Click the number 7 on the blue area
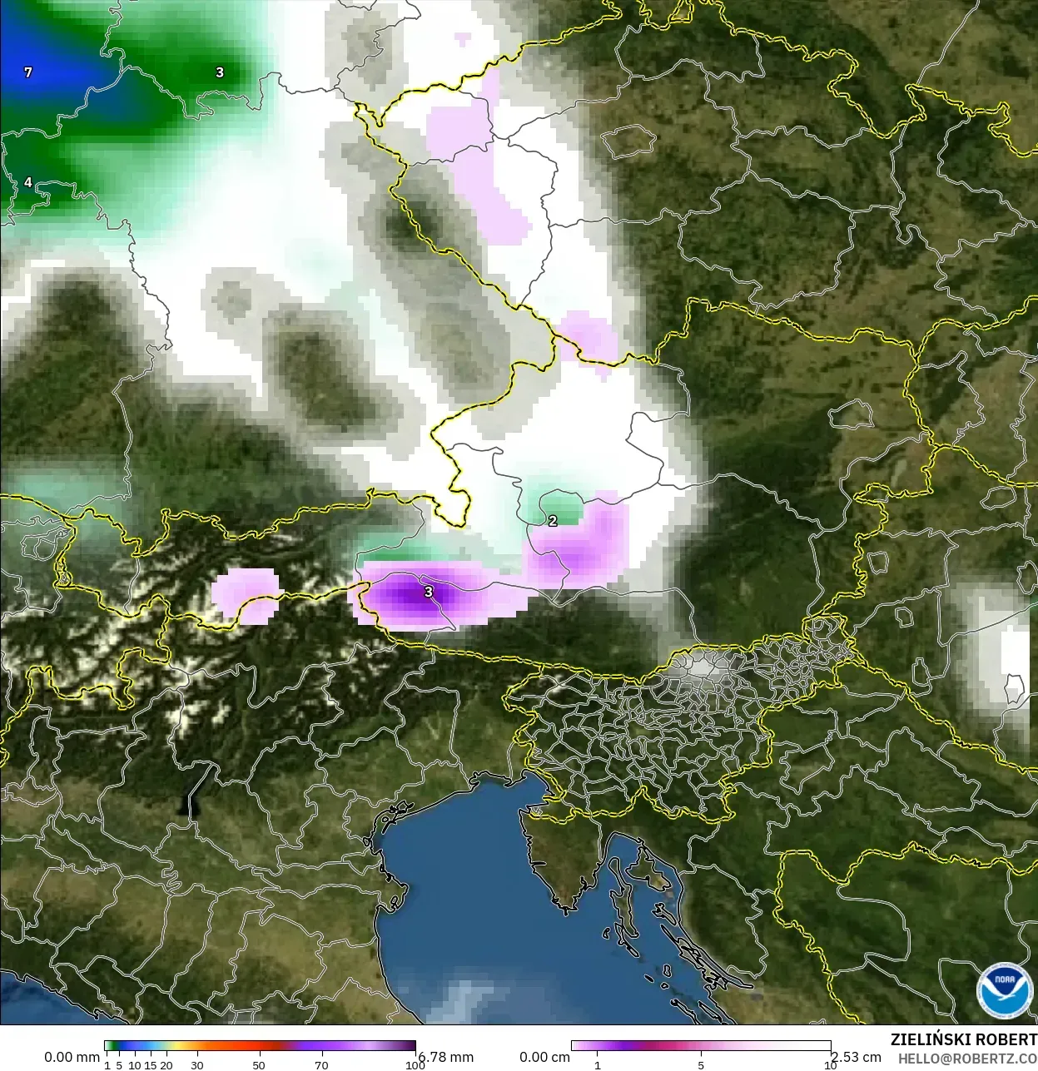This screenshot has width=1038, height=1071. coord(28,72)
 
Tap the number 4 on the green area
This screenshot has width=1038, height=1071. coord(28,182)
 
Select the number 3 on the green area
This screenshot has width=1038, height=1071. coord(220,72)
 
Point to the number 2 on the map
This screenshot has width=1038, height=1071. coord(553,521)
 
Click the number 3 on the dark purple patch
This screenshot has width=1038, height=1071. coord(429,592)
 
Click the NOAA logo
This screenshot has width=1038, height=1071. coord(1004,990)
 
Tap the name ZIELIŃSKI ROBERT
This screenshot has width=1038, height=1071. coord(963,1039)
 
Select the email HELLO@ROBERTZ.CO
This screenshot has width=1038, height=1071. coord(967,1059)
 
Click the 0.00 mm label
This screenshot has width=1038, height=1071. coord(72,1057)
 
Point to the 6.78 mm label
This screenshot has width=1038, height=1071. coord(446,1057)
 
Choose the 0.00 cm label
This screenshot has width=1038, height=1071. coord(544,1057)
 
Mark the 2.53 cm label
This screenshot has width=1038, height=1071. coord(856,1057)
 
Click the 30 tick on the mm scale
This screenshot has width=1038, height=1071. coord(197,1065)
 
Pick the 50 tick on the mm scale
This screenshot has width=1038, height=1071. coord(259,1065)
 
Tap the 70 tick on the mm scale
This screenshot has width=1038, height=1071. coord(321,1065)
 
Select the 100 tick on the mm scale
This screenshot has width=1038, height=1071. coord(415,1065)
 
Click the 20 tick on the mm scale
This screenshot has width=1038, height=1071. coord(166,1065)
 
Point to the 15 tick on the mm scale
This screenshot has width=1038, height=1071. coord(151,1065)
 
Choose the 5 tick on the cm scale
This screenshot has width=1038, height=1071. coord(701,1065)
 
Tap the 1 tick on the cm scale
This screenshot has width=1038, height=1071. coord(597,1065)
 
